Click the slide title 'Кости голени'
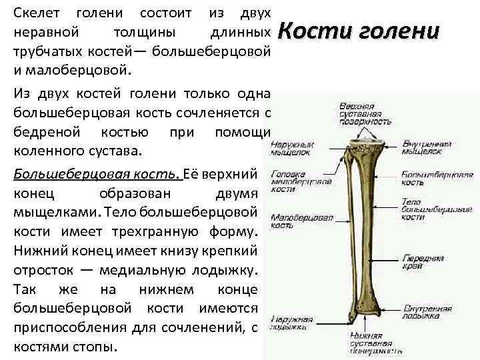[357, 31]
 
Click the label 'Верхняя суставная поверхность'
[365, 114]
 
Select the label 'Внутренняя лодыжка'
[427, 312]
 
